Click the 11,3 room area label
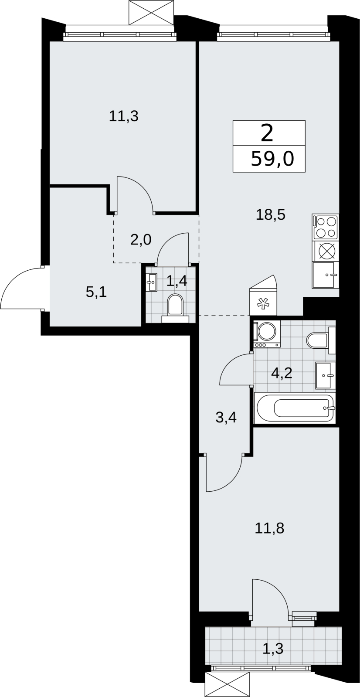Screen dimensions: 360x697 pos(123,116)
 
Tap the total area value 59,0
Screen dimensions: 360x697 pos(272,160)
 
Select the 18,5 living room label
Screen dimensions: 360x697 pos(270,215)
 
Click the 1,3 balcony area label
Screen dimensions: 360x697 pos(273,649)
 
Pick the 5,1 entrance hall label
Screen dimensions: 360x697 pos(96,292)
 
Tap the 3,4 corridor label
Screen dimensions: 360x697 pos(226,418)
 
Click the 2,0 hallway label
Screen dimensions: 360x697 pos(141,240)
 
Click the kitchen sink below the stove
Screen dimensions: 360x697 pos(326,275)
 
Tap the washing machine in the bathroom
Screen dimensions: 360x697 pos(267,334)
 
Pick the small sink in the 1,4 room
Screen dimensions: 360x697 pos(152,282)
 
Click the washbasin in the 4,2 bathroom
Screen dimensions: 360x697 pos(326,375)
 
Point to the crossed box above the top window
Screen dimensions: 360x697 pos(151,13)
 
